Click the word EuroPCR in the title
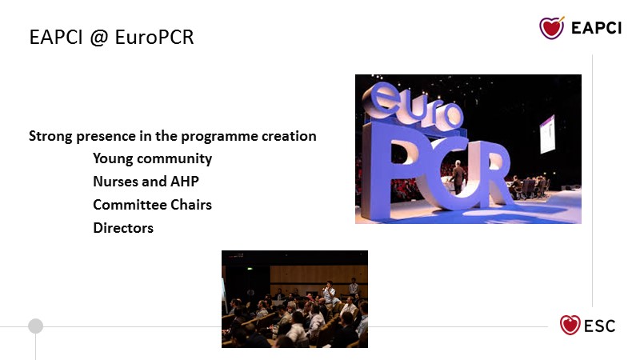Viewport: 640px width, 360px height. pos(154,37)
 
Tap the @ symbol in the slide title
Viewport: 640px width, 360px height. pos(98,38)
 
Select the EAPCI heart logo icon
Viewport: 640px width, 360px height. pos(552,28)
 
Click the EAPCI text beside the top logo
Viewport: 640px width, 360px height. pos(596,28)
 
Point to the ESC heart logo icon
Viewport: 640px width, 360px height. pos(570,326)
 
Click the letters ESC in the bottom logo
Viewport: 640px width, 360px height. pos(599,326)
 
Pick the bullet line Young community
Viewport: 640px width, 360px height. pos(152,158)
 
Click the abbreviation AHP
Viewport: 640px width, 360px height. pos(185,182)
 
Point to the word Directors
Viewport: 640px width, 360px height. pos(123,228)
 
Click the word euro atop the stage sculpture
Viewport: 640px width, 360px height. pos(414,106)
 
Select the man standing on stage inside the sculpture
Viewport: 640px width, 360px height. pos(458,177)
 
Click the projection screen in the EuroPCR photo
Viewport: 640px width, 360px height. pos(547,134)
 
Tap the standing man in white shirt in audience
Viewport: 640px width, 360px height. pos(328,293)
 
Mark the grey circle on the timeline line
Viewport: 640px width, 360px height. pos(35,326)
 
